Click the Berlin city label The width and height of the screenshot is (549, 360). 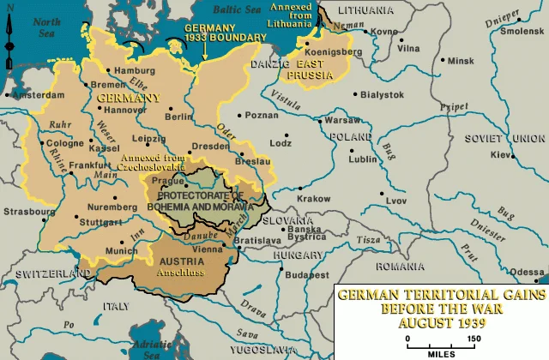click(x=178, y=116)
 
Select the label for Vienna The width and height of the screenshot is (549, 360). click(x=207, y=248)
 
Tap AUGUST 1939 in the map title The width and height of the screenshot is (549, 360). click(x=441, y=324)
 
